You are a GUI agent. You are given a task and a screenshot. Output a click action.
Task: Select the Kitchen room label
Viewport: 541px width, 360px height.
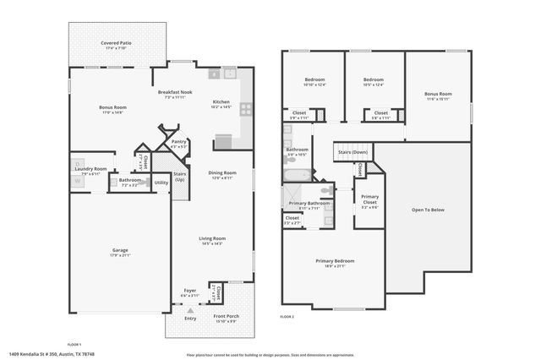tap(221, 103)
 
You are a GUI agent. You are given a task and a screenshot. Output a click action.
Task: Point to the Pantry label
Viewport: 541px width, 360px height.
tap(178, 143)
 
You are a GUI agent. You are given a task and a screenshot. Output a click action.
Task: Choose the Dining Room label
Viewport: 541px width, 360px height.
tap(221, 172)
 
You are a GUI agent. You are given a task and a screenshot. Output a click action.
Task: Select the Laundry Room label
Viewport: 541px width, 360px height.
tap(90, 169)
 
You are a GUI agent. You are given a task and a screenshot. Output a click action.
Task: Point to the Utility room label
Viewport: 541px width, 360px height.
tap(161, 183)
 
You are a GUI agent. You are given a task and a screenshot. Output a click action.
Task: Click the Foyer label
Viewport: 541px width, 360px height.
tap(190, 291)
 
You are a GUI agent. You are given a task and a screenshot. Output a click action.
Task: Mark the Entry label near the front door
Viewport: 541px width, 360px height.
tap(190, 319)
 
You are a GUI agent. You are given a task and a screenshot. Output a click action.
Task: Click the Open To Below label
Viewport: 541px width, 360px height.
tap(427, 210)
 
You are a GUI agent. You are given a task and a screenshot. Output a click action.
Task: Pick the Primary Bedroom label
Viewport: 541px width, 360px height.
tap(335, 261)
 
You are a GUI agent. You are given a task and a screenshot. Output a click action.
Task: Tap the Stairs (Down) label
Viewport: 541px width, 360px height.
tap(352, 152)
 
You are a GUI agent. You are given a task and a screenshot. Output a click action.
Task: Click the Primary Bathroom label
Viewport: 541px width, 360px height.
tap(309, 204)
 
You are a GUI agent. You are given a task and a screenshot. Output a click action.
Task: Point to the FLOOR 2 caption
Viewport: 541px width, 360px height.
tap(287, 315)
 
